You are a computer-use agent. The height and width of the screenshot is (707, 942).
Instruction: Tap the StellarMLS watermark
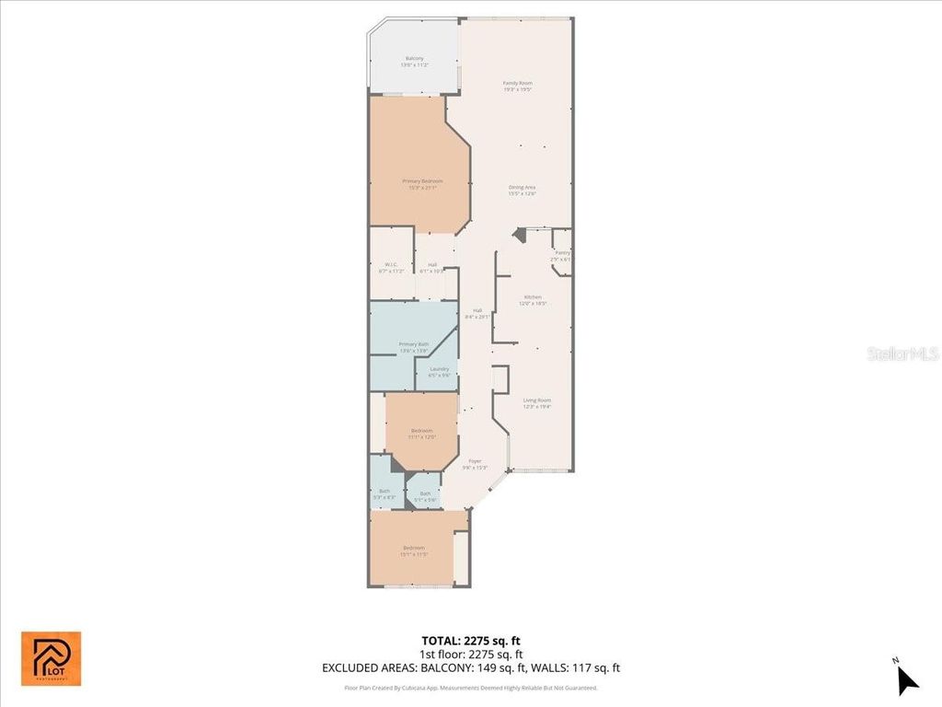pyautogui.click(x=902, y=353)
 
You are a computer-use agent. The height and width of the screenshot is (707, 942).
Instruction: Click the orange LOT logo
pyautogui.click(x=52, y=658)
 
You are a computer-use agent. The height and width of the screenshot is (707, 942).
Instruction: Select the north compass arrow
pyautogui.click(x=907, y=679)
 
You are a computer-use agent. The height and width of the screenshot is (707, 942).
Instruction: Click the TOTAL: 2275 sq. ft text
pyautogui.click(x=470, y=641)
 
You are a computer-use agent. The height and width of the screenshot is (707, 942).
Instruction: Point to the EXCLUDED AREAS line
pyautogui.click(x=470, y=668)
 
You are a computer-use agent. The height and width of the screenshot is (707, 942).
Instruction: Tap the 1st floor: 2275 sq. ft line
pyautogui.click(x=470, y=655)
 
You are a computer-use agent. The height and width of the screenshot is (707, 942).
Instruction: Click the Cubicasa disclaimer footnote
pyautogui.click(x=470, y=688)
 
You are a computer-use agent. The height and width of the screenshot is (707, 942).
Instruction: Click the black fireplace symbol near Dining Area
pyautogui.click(x=520, y=236)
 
